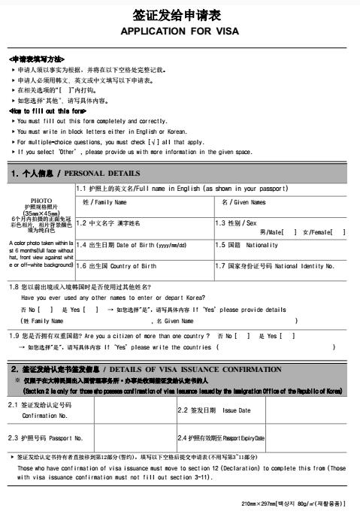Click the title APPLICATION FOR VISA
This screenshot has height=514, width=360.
[x=180, y=32]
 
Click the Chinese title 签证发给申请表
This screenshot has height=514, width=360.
[x=180, y=15]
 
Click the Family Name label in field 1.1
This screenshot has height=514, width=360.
[x=104, y=203]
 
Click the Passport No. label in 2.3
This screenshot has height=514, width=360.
[x=45, y=437]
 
